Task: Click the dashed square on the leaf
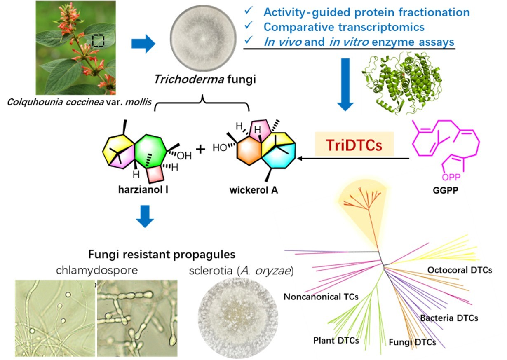click(x=98, y=40)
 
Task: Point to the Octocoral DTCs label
click(x=460, y=270)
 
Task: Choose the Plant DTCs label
click(x=336, y=340)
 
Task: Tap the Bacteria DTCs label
click(x=449, y=318)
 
